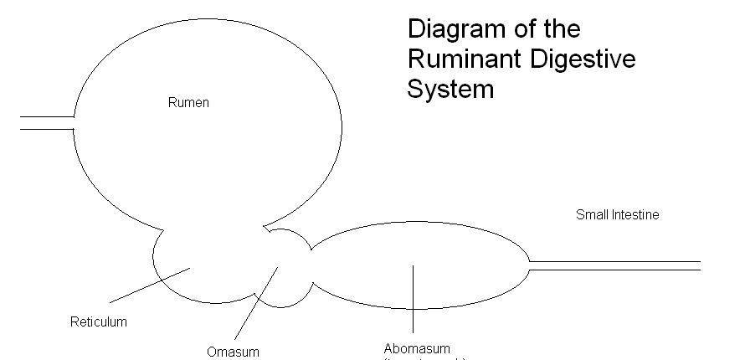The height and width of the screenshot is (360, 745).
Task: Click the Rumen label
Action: click(x=188, y=103)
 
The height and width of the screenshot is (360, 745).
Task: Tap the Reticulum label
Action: click(x=99, y=321)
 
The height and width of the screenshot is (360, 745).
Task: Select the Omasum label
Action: click(x=234, y=352)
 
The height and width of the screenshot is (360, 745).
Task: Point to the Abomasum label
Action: click(x=417, y=348)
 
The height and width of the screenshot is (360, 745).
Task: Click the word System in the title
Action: click(x=450, y=89)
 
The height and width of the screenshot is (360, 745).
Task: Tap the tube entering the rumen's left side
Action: click(x=47, y=123)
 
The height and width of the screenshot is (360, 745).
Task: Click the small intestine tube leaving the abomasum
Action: click(x=615, y=265)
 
